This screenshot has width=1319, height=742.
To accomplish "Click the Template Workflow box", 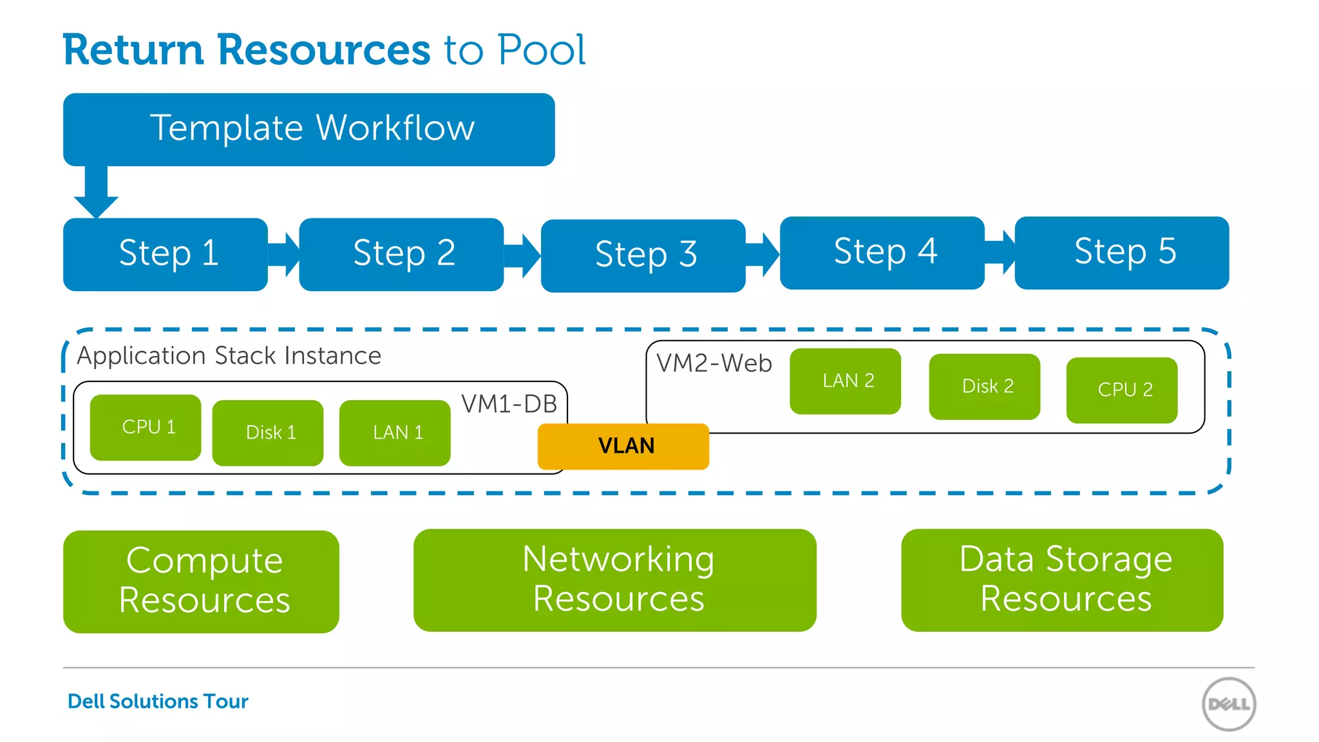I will pyautogui.click(x=309, y=129).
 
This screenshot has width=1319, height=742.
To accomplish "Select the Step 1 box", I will pyautogui.click(x=166, y=254).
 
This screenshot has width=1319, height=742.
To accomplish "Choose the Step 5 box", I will pyautogui.click(x=1121, y=252).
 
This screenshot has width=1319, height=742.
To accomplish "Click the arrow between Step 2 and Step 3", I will pyautogui.click(x=522, y=255).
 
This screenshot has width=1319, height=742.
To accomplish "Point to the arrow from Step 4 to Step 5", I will pyautogui.click(x=1000, y=252).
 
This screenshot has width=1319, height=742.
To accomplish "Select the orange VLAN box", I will pyautogui.click(x=623, y=446).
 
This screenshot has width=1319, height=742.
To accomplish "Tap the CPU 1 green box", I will pyautogui.click(x=146, y=427).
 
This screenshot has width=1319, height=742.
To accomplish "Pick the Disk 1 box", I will pyautogui.click(x=268, y=432).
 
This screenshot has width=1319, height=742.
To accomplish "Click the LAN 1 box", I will pyautogui.click(x=395, y=432).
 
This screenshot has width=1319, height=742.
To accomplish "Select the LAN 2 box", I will pyautogui.click(x=845, y=381).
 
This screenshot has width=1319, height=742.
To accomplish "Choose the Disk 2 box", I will pyautogui.click(x=984, y=386).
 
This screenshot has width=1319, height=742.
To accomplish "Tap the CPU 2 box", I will pyautogui.click(x=1122, y=390).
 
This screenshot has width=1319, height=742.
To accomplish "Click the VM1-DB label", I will pyautogui.click(x=509, y=404).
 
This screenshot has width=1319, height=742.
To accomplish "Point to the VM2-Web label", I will pyautogui.click(x=714, y=363).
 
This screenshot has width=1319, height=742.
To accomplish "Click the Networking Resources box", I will pyautogui.click(x=614, y=580).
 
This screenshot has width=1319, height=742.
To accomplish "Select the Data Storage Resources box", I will pyautogui.click(x=1061, y=580).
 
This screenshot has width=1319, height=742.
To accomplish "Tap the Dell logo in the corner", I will pyautogui.click(x=1228, y=704).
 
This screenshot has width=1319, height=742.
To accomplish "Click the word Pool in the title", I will pyautogui.click(x=542, y=50).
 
